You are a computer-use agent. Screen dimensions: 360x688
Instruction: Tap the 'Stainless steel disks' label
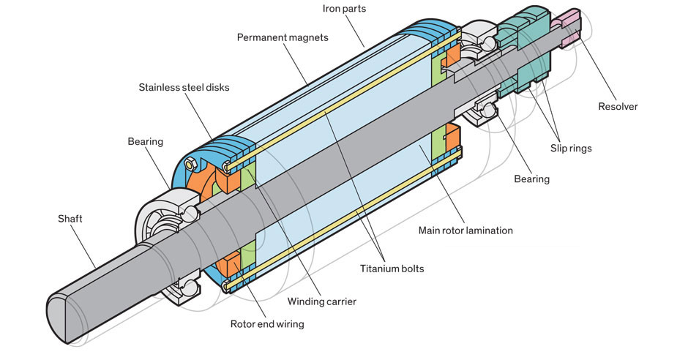click(184, 88)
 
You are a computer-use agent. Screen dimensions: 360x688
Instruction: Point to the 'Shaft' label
click(72, 218)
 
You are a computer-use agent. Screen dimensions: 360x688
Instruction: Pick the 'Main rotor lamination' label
click(465, 230)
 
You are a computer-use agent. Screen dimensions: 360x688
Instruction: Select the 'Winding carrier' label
click(322, 301)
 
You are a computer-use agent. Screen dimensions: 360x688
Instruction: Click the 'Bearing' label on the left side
click(145, 140)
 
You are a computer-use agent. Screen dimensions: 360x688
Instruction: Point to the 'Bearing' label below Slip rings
click(531, 179)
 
